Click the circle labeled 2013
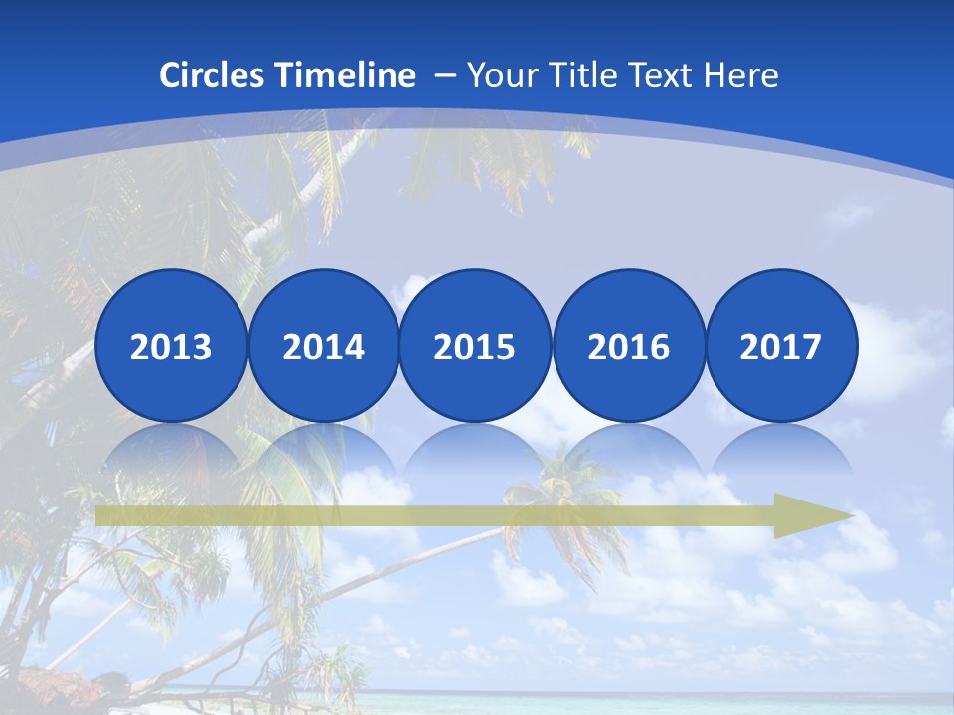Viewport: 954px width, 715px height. tap(171, 346)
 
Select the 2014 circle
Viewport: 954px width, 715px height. tap(323, 346)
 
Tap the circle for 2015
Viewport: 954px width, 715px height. tap(475, 346)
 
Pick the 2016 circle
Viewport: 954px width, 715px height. tap(628, 346)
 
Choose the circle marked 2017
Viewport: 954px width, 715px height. tap(780, 346)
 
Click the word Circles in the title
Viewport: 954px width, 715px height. tap(214, 75)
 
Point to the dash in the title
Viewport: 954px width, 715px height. tap(444, 76)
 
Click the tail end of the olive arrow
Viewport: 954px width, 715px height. tap(101, 515)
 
